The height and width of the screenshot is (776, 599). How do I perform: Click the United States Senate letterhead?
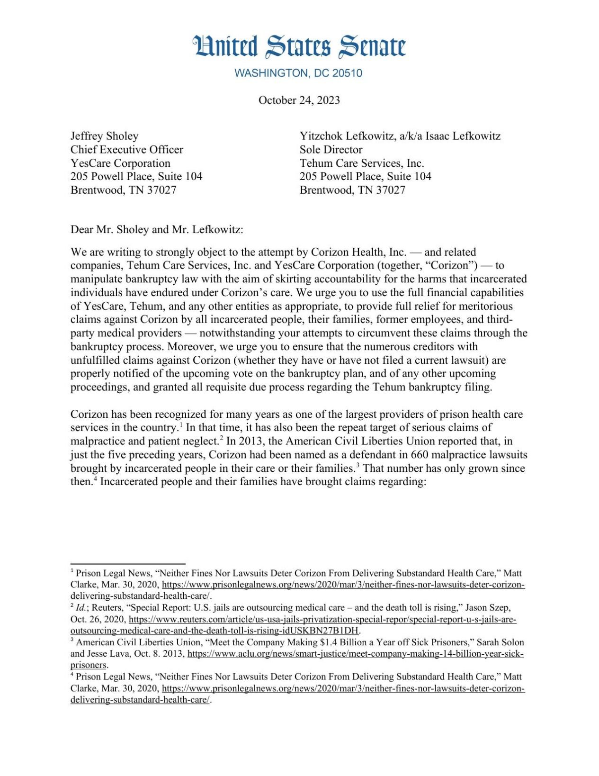(299, 46)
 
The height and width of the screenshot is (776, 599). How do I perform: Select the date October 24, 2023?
(299, 100)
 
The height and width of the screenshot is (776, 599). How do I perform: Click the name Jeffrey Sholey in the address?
(104, 136)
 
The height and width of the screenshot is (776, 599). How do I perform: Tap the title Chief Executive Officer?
(126, 150)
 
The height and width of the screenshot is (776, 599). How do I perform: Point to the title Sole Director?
(331, 150)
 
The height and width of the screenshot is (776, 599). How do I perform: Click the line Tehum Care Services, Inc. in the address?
(361, 163)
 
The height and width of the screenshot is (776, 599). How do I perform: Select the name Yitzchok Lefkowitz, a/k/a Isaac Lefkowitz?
(400, 136)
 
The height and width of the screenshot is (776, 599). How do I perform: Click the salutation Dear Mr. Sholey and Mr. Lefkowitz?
(157, 230)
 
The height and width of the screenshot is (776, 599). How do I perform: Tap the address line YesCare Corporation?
(120, 163)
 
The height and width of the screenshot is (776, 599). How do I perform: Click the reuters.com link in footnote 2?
(322, 620)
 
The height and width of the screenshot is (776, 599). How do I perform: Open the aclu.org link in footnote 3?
(355, 654)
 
